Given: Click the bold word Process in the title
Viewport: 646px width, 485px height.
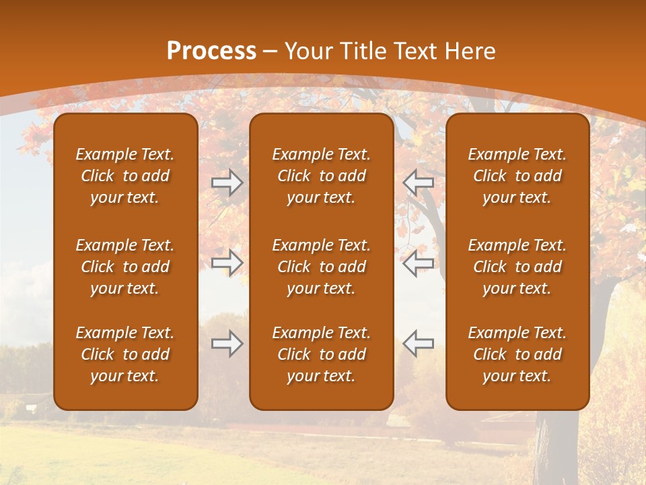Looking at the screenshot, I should pyautogui.click(x=211, y=51).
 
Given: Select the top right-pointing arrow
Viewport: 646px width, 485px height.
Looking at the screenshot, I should pyautogui.click(x=227, y=183).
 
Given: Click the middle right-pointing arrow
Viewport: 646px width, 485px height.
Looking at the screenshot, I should pyautogui.click(x=227, y=263).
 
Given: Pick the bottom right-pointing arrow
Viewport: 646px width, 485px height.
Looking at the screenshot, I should pyautogui.click(x=227, y=344).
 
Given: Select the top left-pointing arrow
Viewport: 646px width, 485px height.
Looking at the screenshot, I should pyautogui.click(x=418, y=183).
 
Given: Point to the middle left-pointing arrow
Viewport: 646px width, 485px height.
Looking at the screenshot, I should pyautogui.click(x=418, y=263).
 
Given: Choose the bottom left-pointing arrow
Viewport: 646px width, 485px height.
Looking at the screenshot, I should pyautogui.click(x=418, y=344).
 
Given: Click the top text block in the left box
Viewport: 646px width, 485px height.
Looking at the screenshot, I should pyautogui.click(x=125, y=176).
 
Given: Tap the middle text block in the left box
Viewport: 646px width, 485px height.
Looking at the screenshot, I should pyautogui.click(x=125, y=267).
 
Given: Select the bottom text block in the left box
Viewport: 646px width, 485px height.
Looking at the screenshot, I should pyautogui.click(x=125, y=354).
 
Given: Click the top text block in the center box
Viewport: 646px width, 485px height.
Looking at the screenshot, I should pyautogui.click(x=322, y=176).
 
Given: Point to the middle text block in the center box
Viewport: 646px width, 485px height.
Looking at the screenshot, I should pyautogui.click(x=322, y=267).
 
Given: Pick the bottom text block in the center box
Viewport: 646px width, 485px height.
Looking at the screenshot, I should pyautogui.click(x=322, y=354).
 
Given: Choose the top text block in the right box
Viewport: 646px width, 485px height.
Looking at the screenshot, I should pyautogui.click(x=517, y=176).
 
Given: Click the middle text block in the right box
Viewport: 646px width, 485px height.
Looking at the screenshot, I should pyautogui.click(x=517, y=267).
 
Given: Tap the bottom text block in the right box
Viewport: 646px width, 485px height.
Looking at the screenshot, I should pyautogui.click(x=517, y=354).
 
